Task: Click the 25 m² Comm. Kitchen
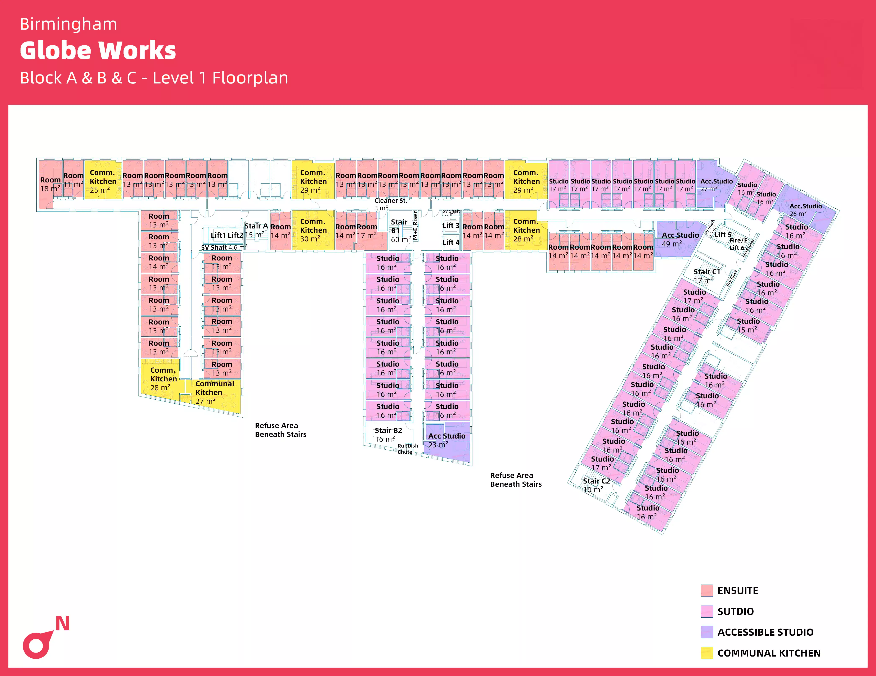[x=103, y=181]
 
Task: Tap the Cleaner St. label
[x=390, y=200]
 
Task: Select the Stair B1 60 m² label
[x=400, y=231]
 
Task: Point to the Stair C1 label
[x=707, y=272]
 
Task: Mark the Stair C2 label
[x=596, y=481]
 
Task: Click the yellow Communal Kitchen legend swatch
[x=707, y=653]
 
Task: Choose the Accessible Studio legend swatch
[x=707, y=632]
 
